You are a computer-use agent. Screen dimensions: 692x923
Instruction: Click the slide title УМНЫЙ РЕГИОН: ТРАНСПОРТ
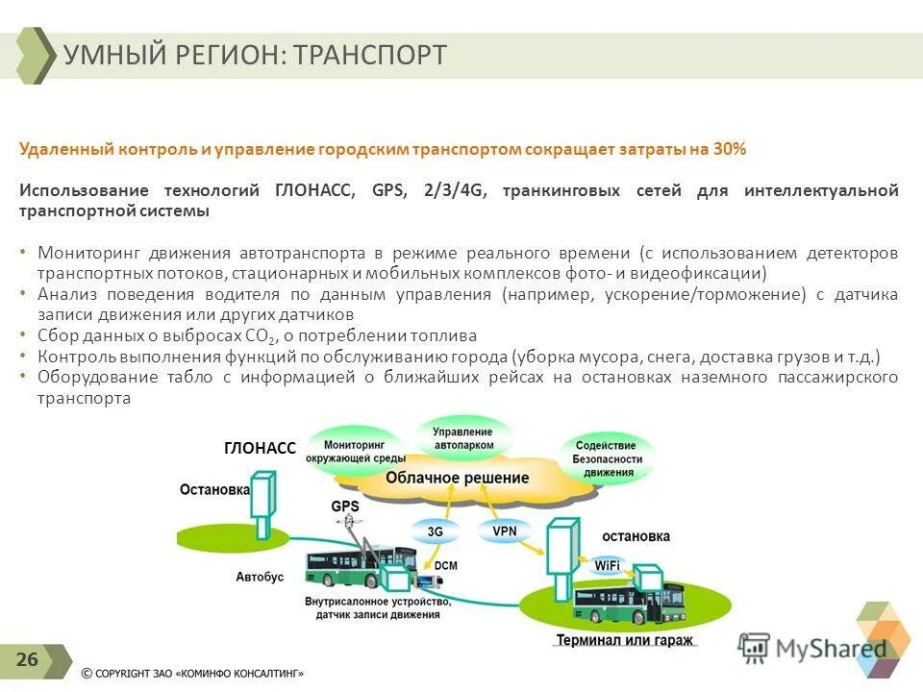point(255,55)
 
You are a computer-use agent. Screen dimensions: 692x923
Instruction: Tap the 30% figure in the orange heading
point(730,149)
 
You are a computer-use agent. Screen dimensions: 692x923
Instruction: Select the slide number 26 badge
point(27,659)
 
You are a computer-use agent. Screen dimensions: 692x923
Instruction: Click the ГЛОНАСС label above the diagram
point(260,448)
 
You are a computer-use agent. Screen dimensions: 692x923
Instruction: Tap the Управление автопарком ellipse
point(463,439)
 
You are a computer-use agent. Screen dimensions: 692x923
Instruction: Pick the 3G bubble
point(435,531)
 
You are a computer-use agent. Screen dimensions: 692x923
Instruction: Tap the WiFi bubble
point(607,566)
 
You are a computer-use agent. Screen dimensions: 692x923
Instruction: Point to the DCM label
point(445,566)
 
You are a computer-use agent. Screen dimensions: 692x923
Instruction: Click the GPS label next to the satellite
point(344,506)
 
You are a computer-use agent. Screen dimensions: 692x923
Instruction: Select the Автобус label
point(260,577)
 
